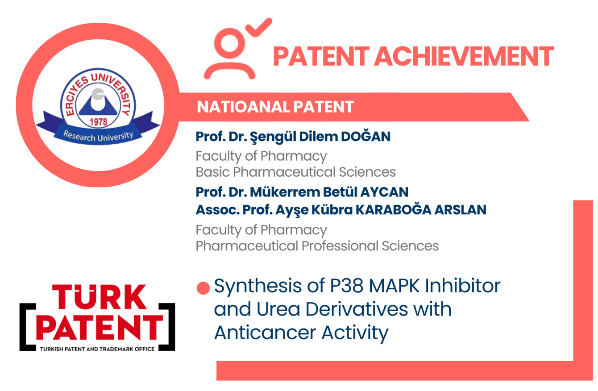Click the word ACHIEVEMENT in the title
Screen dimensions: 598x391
[x=464, y=56]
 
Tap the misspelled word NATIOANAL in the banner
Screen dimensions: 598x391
[x=243, y=107]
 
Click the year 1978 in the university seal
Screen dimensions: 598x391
[x=99, y=122]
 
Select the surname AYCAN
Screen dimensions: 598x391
[x=384, y=192]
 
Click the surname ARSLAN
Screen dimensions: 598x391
[x=461, y=210]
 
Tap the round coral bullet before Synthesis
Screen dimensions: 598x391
[x=203, y=288]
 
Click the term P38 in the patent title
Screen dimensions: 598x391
[x=347, y=286]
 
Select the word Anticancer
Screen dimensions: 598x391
[x=266, y=333]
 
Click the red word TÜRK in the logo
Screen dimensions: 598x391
[x=99, y=297]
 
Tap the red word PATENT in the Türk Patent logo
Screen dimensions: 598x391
[x=100, y=328]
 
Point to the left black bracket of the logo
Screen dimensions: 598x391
[x=27, y=327]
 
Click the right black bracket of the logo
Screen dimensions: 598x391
[x=167, y=327]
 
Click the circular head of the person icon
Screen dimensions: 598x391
[x=229, y=43]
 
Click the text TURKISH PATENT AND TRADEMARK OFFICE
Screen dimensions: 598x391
[x=97, y=349]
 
